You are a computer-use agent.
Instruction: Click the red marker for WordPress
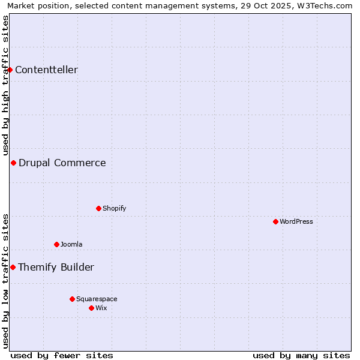275,221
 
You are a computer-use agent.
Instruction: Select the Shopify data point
98,208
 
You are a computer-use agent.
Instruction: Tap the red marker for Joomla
56,244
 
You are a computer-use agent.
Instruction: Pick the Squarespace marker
72,299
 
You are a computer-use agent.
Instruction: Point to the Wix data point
91,308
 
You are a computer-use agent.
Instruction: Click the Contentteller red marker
10,70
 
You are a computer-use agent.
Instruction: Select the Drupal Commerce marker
13,163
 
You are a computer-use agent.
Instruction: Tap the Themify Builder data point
13,267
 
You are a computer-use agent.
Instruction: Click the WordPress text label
296,221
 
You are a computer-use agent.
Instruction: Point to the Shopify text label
115,208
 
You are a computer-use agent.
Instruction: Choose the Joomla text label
71,244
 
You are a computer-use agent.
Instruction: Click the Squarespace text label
97,299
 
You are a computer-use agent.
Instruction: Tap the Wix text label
101,308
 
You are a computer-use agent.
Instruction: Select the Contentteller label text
46,70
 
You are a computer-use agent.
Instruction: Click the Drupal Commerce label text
62,163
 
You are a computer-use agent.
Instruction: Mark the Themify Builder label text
56,267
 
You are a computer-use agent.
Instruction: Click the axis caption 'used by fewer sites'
62,355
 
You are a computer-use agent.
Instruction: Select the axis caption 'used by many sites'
301,355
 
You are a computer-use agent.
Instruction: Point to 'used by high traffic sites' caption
5,85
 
